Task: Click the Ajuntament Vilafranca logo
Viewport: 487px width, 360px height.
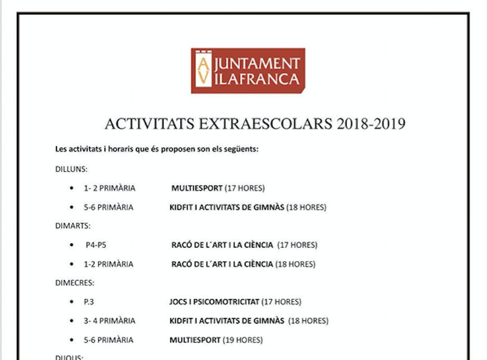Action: click(248, 70)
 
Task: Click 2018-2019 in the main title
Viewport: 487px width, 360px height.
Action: click(371, 124)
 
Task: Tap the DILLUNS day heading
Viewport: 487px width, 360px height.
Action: click(71, 169)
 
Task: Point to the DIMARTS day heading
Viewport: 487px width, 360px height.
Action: click(73, 226)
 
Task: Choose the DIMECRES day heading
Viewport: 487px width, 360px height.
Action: click(75, 283)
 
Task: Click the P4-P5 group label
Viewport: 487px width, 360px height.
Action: click(96, 245)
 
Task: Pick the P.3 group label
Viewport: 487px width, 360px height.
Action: click(89, 302)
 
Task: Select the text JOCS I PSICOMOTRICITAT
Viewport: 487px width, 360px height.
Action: click(214, 302)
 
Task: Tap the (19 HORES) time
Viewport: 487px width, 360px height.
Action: click(242, 340)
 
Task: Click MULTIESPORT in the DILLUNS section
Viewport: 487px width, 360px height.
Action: click(197, 188)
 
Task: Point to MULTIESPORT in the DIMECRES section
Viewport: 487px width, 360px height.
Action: click(195, 340)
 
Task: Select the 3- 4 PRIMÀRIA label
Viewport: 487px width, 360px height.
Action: click(109, 321)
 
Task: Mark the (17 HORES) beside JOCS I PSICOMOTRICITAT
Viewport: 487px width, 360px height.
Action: click(281, 302)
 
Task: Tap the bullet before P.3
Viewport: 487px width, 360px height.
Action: click(71, 302)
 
